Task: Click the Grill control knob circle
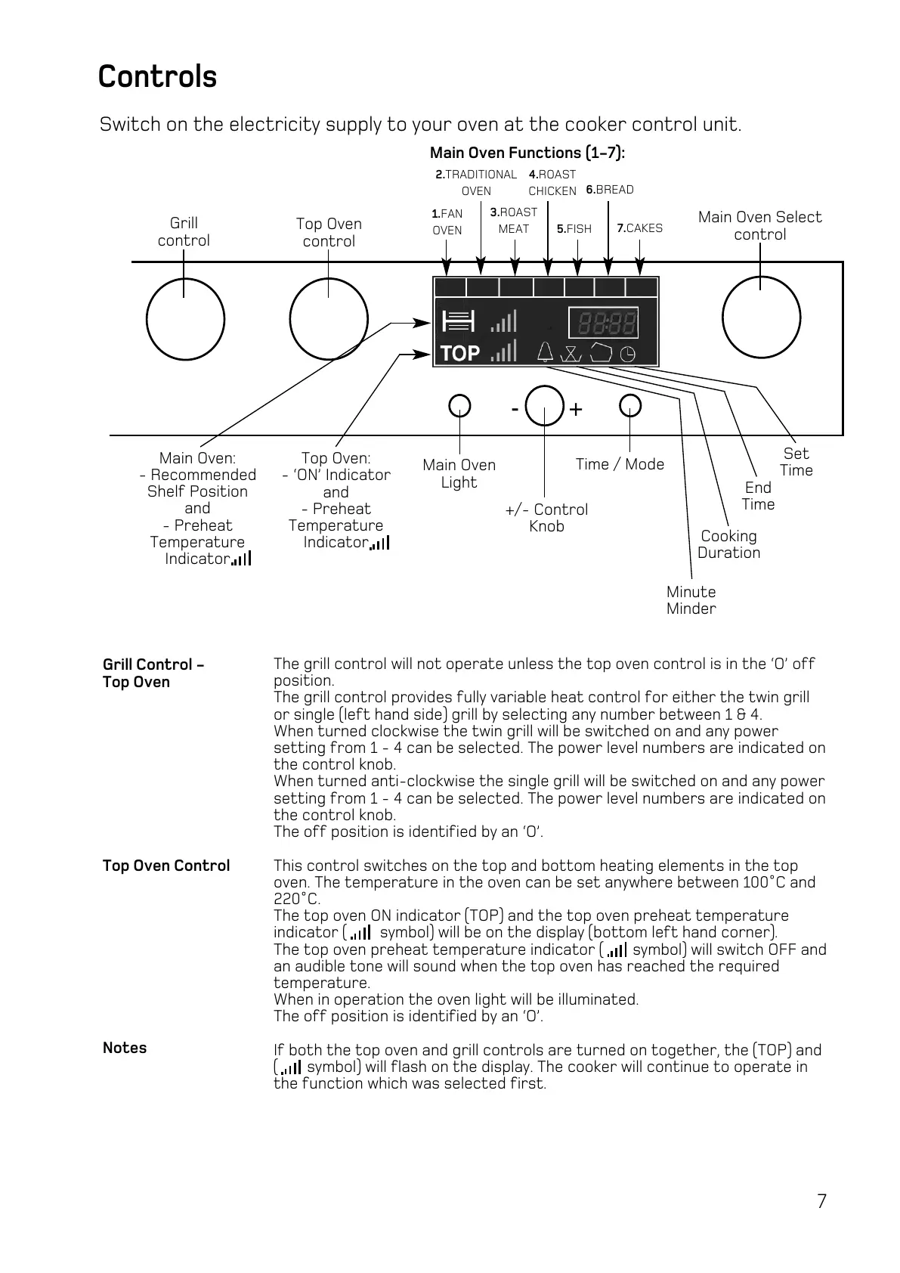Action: pos(185,319)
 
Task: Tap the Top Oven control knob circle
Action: pos(329,319)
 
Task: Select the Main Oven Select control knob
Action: pos(761,319)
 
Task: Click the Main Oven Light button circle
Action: pos(459,406)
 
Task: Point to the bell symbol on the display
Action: pos(545,352)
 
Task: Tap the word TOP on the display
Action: pos(459,353)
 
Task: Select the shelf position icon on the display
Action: pos(458,321)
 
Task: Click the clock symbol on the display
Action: pos(628,353)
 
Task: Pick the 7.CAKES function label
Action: pos(639,228)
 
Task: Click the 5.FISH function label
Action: pos(574,229)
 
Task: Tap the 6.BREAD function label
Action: pos(610,190)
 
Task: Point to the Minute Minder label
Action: pos(691,600)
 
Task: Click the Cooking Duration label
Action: pos(728,544)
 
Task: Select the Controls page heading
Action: pos(157,77)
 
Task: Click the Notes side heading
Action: pos(125,1048)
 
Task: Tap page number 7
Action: pos(821,1201)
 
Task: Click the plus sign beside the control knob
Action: pos(576,410)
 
